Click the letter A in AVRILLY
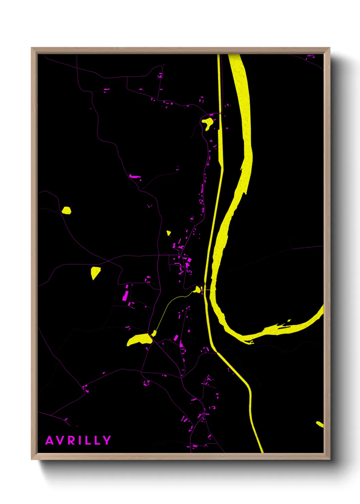(x=50, y=440)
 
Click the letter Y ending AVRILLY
(x=107, y=440)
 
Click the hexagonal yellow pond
(x=66, y=210)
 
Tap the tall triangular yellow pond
(x=95, y=272)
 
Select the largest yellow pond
(x=139, y=340)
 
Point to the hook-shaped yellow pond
(x=207, y=123)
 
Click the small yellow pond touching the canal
(x=197, y=289)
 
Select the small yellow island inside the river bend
(x=289, y=320)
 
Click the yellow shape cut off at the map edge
(x=320, y=424)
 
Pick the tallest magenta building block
(x=126, y=293)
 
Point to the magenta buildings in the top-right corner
(x=310, y=57)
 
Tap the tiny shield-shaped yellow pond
(x=168, y=233)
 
